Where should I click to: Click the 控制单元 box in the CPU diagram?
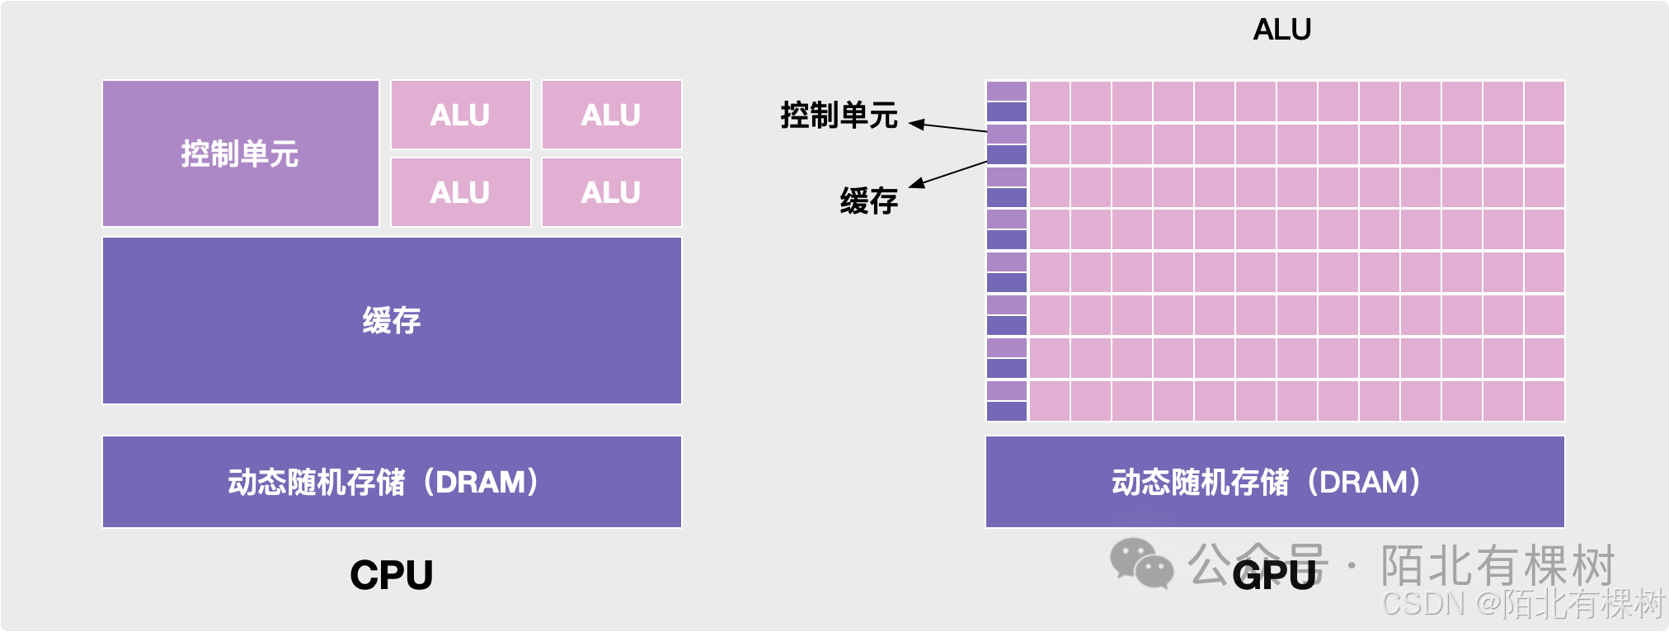tap(240, 153)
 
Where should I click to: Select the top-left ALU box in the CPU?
tap(460, 115)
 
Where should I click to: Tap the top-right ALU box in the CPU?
tap(611, 115)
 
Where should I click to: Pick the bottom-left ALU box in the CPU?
tap(460, 192)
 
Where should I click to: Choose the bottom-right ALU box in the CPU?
tap(611, 192)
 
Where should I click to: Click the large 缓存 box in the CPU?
tap(392, 320)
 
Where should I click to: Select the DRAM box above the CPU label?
tap(392, 482)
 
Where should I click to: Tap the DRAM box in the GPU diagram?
tap(1275, 482)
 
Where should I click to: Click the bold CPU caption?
tap(392, 575)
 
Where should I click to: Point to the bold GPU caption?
tap(1274, 575)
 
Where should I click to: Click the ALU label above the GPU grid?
tap(1281, 30)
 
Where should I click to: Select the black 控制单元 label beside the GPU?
tap(839, 116)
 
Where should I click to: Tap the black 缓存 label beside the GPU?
tap(869, 200)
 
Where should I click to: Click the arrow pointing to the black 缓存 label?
tap(948, 174)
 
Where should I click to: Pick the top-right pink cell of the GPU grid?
tap(1544, 101)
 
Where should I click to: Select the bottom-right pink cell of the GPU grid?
tap(1544, 401)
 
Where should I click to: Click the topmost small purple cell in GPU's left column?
tap(1007, 91)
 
